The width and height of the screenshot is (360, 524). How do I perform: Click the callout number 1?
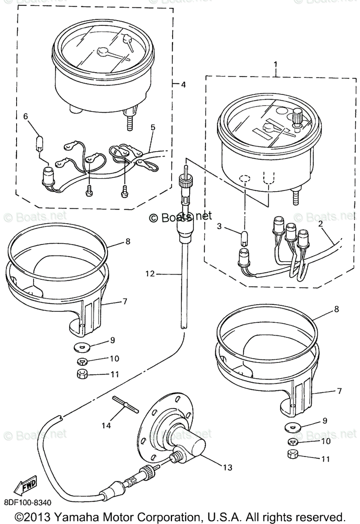pos(276,65)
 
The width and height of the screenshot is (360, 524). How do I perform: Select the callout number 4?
pos(183,85)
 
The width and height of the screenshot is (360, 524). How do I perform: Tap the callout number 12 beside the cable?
pos(150,274)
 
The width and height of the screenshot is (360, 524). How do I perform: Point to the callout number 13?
pos(227,467)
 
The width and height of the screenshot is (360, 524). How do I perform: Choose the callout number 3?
pos(220,227)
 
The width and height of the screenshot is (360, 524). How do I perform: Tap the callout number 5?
pos(152,128)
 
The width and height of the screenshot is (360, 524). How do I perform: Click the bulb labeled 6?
pos(40,142)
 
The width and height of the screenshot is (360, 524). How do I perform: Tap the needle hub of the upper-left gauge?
pos(104,52)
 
